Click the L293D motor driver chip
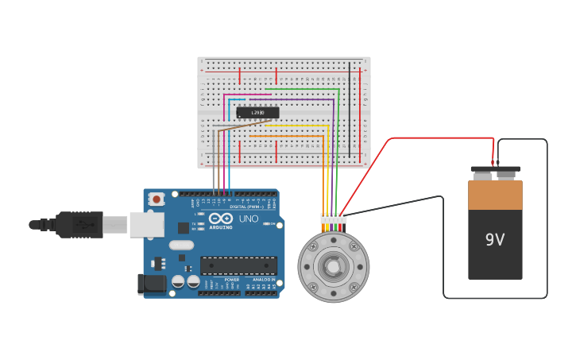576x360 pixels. (257, 113)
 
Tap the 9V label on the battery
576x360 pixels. (495, 239)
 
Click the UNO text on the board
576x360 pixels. (249, 219)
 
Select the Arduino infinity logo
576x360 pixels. (220, 219)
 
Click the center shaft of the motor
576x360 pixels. (333, 267)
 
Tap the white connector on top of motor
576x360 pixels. (334, 218)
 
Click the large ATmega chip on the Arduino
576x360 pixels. (238, 265)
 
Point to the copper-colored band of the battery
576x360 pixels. (495, 195)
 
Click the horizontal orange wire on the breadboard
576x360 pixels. (286, 136)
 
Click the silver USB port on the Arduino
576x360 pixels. (147, 225)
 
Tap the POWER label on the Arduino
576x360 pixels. (231, 280)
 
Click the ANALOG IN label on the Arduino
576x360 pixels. (264, 280)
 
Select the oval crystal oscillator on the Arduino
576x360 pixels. (182, 257)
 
